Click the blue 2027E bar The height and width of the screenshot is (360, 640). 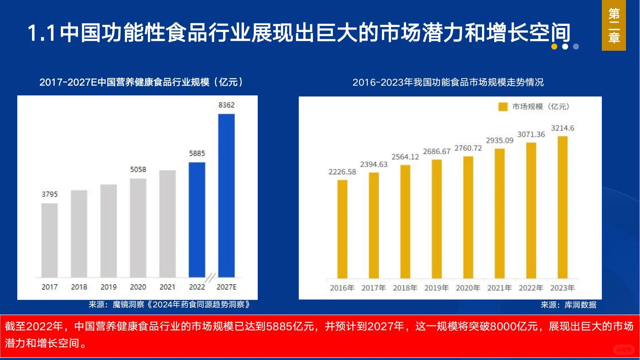coord(226,195)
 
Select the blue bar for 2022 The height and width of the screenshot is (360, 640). coord(197,220)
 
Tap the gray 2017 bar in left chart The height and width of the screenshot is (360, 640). coord(49,240)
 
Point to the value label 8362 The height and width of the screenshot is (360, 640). coord(226,105)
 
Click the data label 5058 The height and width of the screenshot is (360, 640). coord(138,170)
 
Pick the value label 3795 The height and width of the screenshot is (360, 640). coord(49,194)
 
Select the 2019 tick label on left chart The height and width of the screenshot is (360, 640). coord(108,287)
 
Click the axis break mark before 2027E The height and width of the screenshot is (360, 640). coord(210,278)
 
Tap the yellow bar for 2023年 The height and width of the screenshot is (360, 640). coord(562,207)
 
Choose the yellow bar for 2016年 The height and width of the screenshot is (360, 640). coord(342,229)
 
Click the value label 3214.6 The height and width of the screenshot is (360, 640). coord(562,128)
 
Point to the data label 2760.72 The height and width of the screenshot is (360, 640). coord(468,148)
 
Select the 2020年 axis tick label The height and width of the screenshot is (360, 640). coord(468,288)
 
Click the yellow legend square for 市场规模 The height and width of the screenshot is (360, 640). coord(503,107)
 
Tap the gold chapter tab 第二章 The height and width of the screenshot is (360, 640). coord(614,25)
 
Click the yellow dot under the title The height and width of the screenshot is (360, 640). coord(554,46)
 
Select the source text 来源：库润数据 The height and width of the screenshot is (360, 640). coord(568,305)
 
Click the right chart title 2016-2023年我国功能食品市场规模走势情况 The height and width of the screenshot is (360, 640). coord(448,82)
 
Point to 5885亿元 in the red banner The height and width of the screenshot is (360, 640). coord(290,326)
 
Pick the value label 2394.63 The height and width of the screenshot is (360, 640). coord(374,165)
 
